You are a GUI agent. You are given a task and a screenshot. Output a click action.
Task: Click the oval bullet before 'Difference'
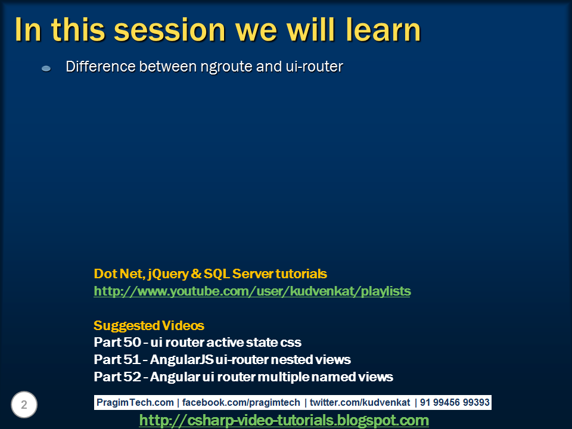(x=46, y=69)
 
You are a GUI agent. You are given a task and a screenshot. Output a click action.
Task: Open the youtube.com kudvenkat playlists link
(x=252, y=291)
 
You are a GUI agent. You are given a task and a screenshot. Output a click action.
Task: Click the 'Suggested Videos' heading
(x=149, y=326)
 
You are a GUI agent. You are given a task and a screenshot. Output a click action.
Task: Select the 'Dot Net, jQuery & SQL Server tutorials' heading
(x=210, y=274)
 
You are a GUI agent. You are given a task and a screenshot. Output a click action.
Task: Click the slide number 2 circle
(x=24, y=405)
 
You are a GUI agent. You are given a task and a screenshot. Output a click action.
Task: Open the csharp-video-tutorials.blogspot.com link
(x=284, y=421)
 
